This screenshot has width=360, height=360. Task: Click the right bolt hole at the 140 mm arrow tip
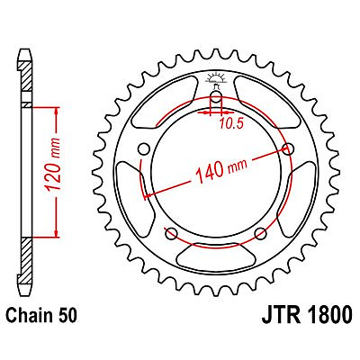(x=288, y=148)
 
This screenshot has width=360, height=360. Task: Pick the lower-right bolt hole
(x=260, y=234)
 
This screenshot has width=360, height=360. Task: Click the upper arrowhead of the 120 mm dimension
(x=58, y=111)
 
